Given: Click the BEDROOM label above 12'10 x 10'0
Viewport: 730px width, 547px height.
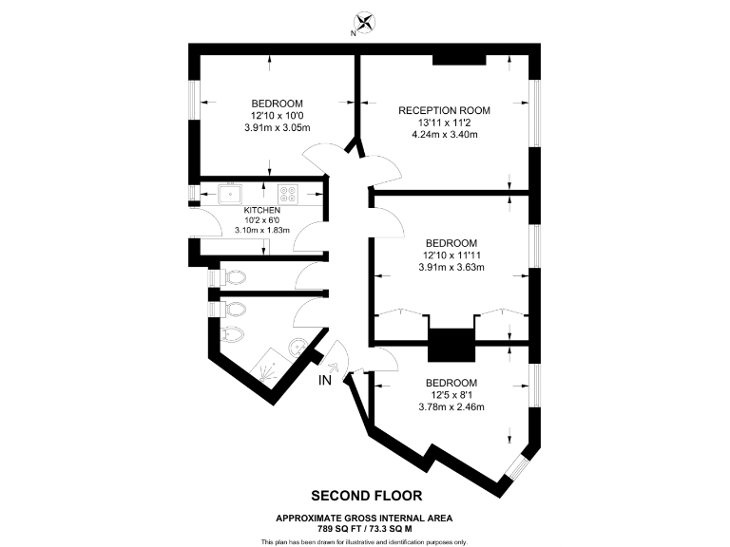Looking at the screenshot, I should coord(277,104).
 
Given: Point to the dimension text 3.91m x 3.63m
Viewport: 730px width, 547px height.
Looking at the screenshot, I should coord(451,267).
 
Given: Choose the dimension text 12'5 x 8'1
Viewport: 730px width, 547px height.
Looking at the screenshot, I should coord(451,395).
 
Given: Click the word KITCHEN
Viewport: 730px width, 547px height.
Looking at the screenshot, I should coord(261,209).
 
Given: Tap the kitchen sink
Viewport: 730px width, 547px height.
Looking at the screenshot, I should coord(230,193).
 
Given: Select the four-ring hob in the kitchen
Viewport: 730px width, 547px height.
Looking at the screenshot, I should coord(286,193).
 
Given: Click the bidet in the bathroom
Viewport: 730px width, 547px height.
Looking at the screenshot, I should coord(234,335).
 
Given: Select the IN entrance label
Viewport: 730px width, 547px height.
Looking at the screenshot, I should coord(325,381).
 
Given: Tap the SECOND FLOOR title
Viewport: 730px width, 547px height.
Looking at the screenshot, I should coord(366,495).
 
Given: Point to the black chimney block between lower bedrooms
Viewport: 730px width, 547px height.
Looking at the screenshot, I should coord(450,344).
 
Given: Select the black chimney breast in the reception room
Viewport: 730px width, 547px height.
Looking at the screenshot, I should coord(460,60).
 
